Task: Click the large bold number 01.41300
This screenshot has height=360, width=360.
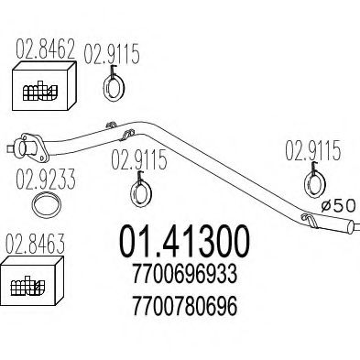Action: [182, 241]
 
